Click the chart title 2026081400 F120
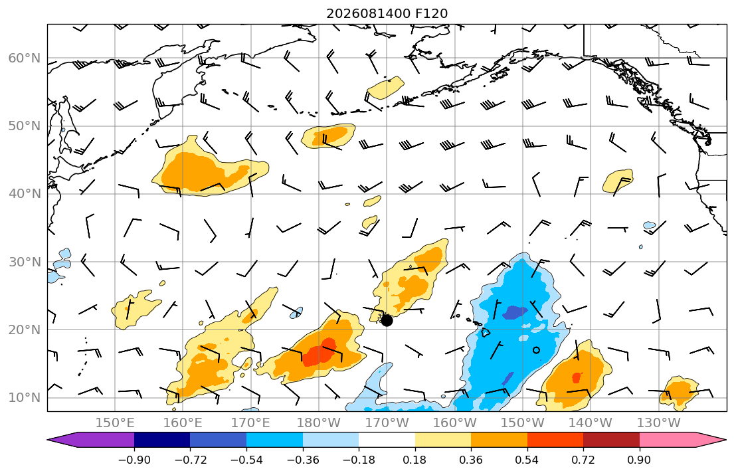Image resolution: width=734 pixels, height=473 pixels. (387, 13)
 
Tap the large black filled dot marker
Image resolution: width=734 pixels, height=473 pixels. (387, 321)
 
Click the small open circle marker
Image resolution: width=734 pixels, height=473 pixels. (537, 350)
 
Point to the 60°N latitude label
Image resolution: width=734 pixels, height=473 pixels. (25, 58)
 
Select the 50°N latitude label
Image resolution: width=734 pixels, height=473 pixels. (25, 126)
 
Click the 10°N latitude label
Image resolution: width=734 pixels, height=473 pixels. (25, 398)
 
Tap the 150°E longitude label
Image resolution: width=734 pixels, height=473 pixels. (115, 423)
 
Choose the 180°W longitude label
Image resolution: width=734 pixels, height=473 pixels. (320, 423)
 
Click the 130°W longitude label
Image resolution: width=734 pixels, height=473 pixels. (659, 423)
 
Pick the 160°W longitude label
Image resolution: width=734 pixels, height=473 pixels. (455, 423)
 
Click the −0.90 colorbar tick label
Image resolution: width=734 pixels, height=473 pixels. (134, 460)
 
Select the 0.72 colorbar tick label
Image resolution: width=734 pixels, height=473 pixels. (583, 460)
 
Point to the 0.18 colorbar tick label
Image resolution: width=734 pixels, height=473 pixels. (414, 460)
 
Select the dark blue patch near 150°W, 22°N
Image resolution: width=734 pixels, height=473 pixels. (515, 312)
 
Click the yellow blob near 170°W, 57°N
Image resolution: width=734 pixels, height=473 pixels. (385, 88)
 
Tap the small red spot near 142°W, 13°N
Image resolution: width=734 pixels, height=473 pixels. (577, 377)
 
